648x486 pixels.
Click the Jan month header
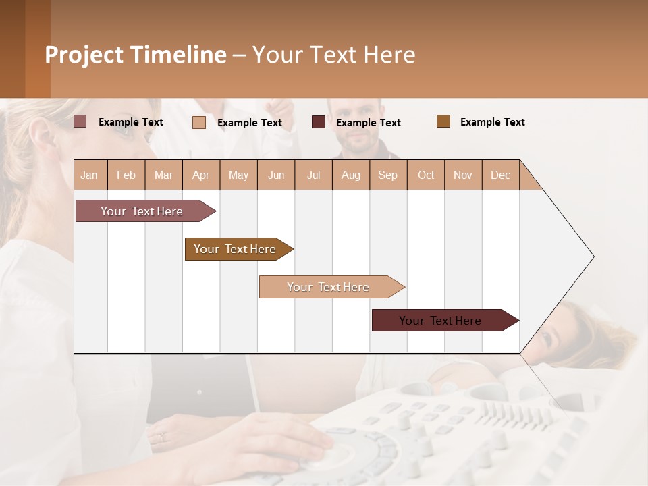click(89, 175)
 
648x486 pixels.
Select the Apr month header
click(200, 175)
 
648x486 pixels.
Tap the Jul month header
click(313, 175)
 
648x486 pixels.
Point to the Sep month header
click(387, 175)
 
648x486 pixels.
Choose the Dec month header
click(500, 175)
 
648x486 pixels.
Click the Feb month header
click(126, 175)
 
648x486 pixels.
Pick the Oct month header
click(426, 175)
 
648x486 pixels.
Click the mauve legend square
click(80, 122)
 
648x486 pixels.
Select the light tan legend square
click(199, 122)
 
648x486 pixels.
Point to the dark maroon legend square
click(319, 122)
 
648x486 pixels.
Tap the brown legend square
click(443, 122)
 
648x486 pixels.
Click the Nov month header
click(463, 175)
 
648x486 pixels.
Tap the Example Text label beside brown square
click(492, 122)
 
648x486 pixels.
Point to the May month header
click(238, 175)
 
